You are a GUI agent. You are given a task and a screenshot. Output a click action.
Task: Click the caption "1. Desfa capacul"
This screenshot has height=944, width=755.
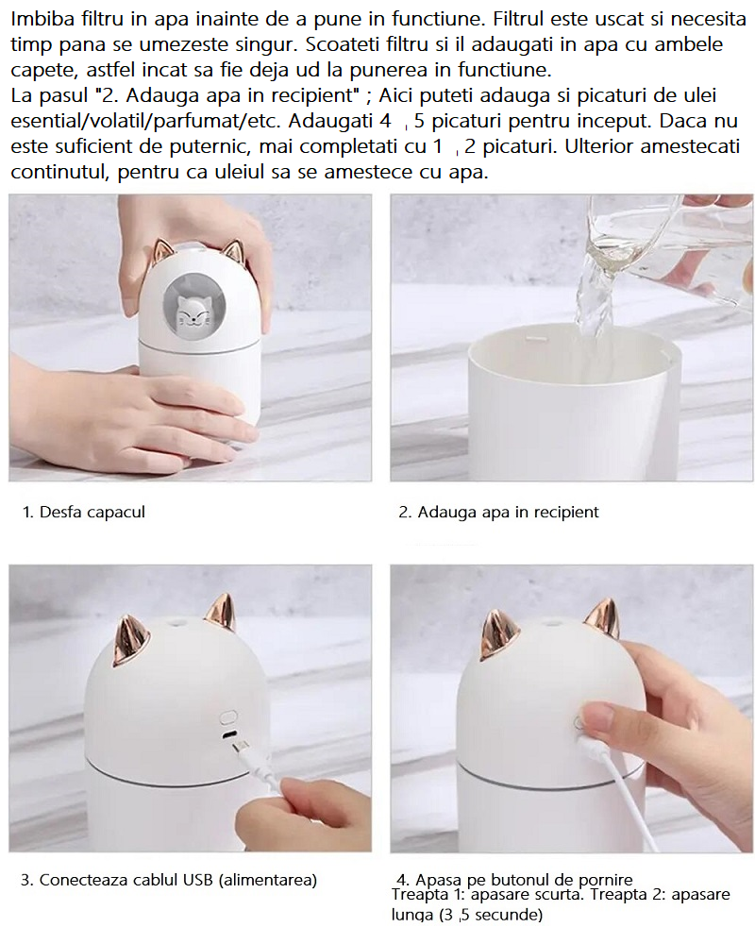[x=84, y=512]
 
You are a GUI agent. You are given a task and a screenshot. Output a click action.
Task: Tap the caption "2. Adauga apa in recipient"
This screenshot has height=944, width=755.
[x=498, y=512]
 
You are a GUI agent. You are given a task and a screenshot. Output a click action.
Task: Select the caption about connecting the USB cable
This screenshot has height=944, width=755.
[x=169, y=880]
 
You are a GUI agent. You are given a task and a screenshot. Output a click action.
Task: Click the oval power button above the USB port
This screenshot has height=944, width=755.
[x=228, y=716]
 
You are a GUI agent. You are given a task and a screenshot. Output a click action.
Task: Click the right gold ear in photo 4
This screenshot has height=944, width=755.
[x=603, y=620]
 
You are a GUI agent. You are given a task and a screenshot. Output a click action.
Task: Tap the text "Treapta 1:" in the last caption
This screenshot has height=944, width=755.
[x=428, y=895]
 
